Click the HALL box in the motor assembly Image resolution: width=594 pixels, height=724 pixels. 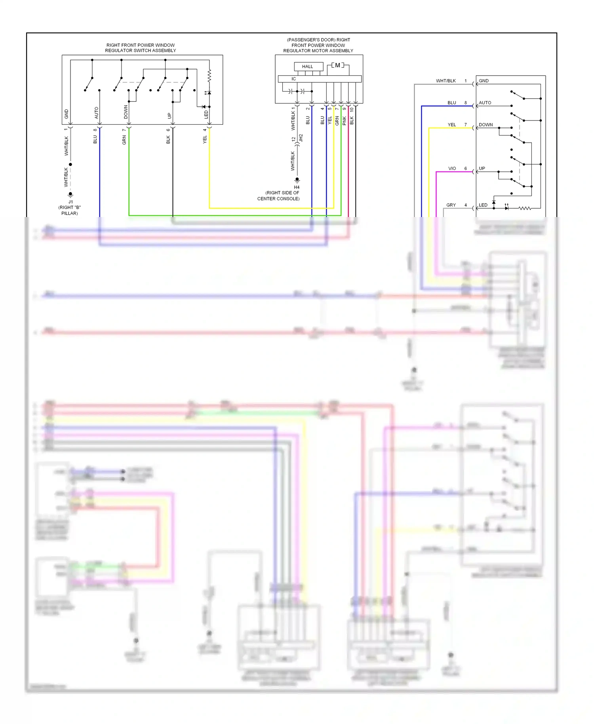click(x=308, y=67)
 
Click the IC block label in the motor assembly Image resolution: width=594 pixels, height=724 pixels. click(x=294, y=79)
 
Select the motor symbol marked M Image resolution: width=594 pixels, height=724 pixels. click(x=337, y=65)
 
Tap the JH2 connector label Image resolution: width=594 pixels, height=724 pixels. click(x=301, y=138)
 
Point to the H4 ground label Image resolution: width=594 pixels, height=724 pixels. click(x=297, y=187)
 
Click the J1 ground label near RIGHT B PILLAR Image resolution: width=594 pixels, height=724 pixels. click(x=70, y=202)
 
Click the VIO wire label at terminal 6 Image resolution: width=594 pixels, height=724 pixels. click(x=452, y=168)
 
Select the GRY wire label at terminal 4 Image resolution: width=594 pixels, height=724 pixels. click(x=451, y=205)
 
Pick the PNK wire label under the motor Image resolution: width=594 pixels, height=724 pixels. click(x=344, y=121)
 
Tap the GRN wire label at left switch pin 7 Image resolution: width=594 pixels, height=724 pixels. click(x=124, y=140)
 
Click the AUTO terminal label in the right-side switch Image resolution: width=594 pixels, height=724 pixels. click(x=485, y=103)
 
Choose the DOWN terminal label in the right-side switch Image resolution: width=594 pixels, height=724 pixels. click(x=485, y=125)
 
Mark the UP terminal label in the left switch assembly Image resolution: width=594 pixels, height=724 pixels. click(x=169, y=116)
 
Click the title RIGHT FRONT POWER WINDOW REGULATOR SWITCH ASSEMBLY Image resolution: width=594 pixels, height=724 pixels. click(x=141, y=48)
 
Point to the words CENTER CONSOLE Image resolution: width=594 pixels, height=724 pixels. click(x=278, y=198)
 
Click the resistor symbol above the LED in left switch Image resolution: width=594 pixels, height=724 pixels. click(x=209, y=75)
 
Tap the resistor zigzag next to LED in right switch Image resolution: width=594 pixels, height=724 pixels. click(x=525, y=208)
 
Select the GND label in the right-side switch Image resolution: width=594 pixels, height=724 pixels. click(x=484, y=81)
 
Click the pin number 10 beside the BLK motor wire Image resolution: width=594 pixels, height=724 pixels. click(x=352, y=109)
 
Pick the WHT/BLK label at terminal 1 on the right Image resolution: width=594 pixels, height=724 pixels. click(x=446, y=81)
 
